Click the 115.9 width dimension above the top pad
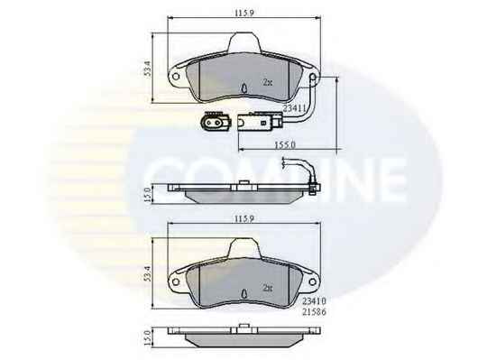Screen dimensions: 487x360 coord(244,13)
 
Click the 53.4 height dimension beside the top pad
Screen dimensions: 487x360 coord(148,69)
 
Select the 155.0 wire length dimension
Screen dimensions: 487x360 coord(285,144)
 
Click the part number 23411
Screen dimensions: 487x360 coord(294,108)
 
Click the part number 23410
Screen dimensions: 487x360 coord(314,300)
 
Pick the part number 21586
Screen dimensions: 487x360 coord(314,312)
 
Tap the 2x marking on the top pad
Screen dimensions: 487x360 coord(268,82)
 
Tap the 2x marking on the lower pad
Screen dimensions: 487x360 coord(268,288)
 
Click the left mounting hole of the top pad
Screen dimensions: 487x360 coord(176,77)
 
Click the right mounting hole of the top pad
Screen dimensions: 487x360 coord(313,77)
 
